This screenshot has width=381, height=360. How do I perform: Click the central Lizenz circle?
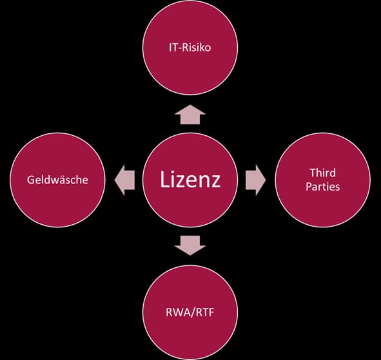click(190, 180)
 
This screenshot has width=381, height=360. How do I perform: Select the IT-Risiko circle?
click(190, 48)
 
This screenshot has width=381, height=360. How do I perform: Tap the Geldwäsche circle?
click(57, 180)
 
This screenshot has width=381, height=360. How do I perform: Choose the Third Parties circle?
click(323, 180)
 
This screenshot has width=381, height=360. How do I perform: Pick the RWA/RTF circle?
click(190, 312)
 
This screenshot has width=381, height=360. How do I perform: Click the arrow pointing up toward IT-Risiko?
click(190, 115)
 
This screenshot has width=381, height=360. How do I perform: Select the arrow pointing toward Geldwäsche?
click(124, 180)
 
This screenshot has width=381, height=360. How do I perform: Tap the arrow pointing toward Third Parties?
click(256, 180)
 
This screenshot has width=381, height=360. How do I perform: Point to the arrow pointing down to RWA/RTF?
click(190, 245)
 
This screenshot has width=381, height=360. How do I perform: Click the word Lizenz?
click(190, 180)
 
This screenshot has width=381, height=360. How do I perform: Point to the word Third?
click(323, 173)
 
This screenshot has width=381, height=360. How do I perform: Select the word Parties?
click(323, 187)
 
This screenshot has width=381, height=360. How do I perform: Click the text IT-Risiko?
click(190, 48)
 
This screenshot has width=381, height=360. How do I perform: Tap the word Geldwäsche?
click(57, 180)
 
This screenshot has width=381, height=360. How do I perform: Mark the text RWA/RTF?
click(190, 312)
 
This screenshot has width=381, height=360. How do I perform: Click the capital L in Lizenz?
click(164, 179)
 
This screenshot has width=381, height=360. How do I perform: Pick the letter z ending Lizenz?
click(215, 182)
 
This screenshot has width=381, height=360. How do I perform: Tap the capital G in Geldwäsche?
click(30, 180)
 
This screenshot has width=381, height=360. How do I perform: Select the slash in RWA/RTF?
click(193, 312)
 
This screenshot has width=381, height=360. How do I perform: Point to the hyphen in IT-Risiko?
click(180, 48)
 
